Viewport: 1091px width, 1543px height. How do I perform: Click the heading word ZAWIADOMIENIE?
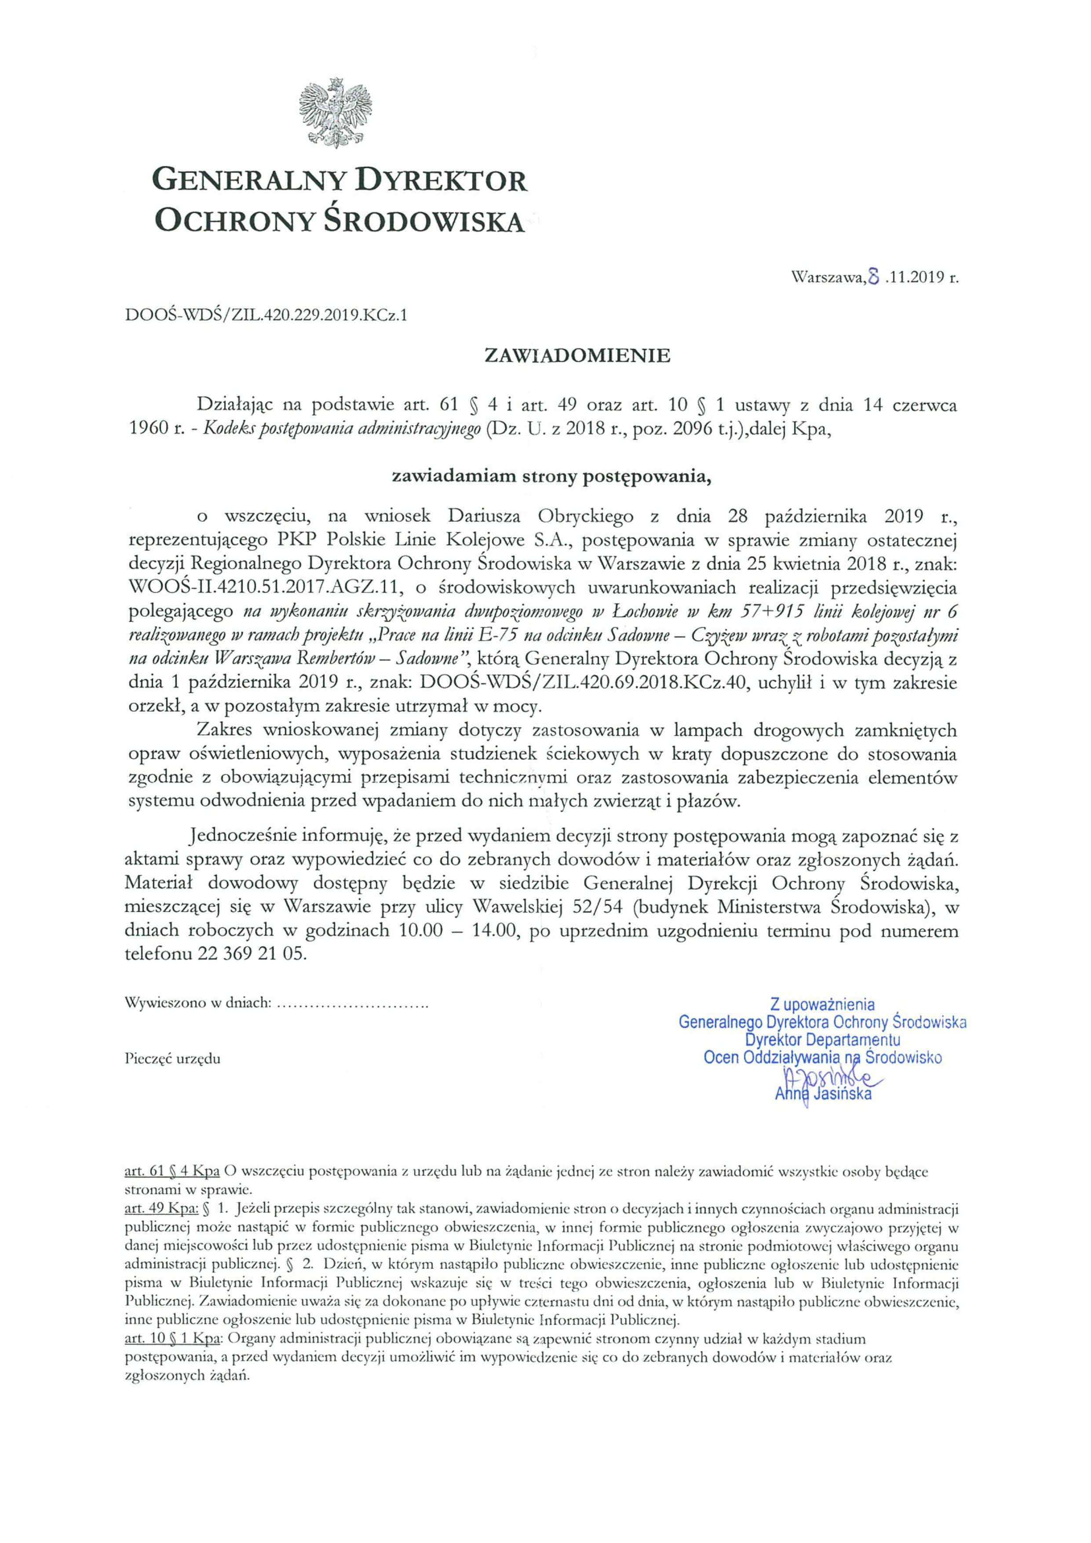[577, 356]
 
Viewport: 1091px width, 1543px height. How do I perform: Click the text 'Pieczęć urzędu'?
[173, 1059]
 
